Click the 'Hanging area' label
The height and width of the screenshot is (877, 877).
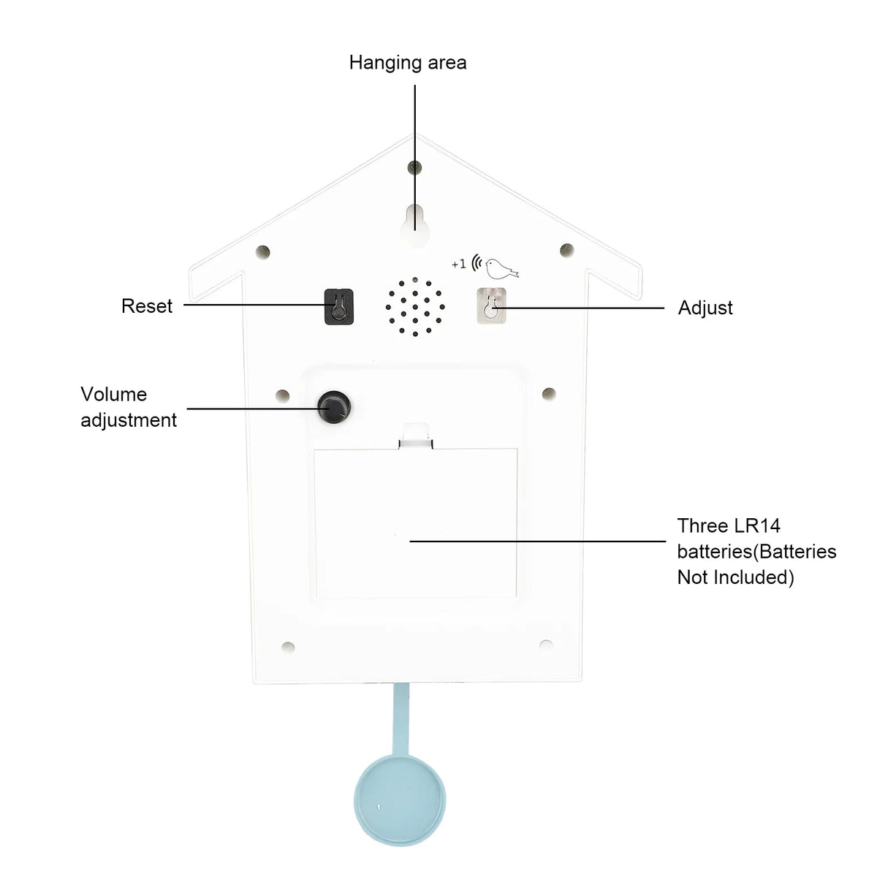click(x=407, y=64)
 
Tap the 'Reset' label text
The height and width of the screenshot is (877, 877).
click(x=147, y=305)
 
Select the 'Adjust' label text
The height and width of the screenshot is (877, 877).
click(x=705, y=308)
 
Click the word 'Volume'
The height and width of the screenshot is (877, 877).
click(x=114, y=394)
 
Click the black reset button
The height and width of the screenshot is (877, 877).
click(x=338, y=306)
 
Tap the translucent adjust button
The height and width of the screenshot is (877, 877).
click(x=491, y=305)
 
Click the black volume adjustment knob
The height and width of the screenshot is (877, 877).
click(x=334, y=407)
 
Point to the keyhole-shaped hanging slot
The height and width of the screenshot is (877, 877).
click(x=414, y=225)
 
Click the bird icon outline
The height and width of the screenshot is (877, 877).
click(x=501, y=268)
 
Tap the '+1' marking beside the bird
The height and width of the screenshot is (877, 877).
click(x=459, y=264)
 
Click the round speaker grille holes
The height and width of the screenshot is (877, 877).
click(x=415, y=307)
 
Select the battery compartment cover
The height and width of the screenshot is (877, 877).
click(x=415, y=523)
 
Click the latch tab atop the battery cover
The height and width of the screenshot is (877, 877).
click(x=416, y=436)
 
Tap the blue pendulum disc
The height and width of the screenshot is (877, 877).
click(x=400, y=800)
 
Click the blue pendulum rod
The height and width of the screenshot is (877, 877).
click(x=400, y=720)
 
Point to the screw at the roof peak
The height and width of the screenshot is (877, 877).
click(x=414, y=167)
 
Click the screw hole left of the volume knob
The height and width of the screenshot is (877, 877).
click(x=283, y=395)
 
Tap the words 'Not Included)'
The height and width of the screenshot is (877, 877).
click(x=735, y=577)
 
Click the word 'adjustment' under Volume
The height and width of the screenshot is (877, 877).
click(x=129, y=420)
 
